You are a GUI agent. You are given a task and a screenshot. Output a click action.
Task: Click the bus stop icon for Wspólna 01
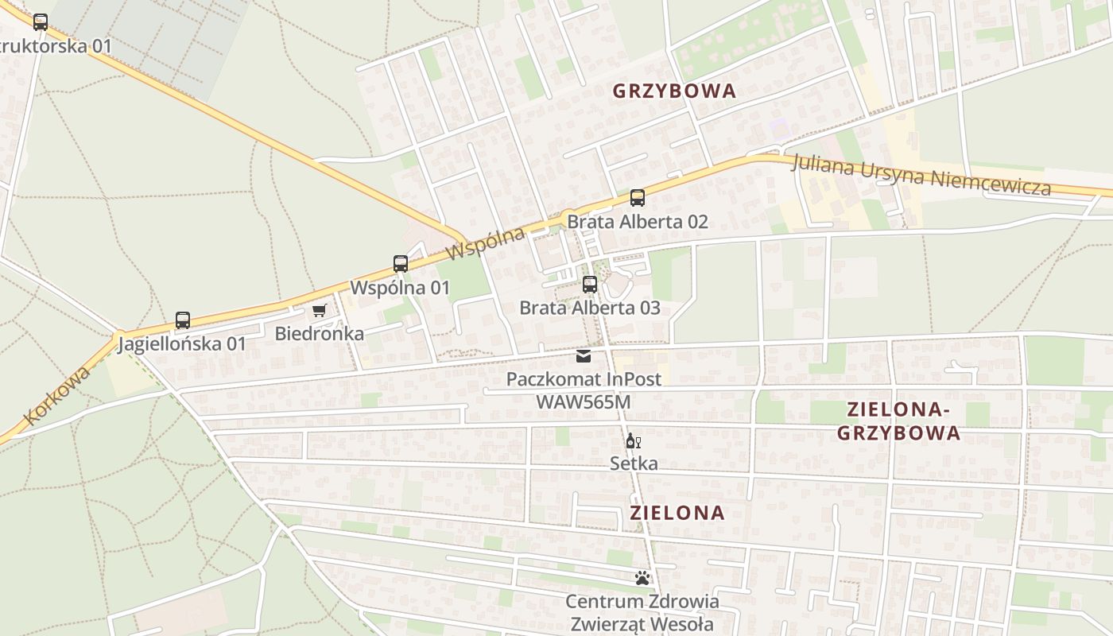[401, 264]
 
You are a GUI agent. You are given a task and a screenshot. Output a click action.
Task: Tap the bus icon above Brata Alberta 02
[637, 198]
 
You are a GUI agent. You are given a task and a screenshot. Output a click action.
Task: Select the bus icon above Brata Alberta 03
[590, 285]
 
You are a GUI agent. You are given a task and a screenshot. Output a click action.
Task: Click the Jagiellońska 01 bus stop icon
[183, 320]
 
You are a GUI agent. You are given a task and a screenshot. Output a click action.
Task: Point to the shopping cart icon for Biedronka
[320, 310]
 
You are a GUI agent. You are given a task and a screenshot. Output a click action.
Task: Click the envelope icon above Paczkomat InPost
[584, 355]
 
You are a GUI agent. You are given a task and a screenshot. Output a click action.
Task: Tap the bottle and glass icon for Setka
[633, 440]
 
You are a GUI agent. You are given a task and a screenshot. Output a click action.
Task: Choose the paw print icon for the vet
[642, 578]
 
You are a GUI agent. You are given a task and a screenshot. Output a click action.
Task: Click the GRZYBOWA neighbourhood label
[674, 91]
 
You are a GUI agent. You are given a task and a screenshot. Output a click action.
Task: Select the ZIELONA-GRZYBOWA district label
[898, 421]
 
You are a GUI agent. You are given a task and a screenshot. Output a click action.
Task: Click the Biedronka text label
[320, 334]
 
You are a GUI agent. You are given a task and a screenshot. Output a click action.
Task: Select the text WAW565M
[584, 402]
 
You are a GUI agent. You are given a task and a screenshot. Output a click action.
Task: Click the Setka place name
[634, 463]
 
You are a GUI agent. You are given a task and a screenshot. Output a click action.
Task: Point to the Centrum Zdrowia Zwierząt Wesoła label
[642, 613]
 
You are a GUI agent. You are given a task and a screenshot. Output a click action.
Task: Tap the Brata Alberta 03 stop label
[590, 308]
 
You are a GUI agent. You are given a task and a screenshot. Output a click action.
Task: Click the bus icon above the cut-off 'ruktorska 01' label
[41, 22]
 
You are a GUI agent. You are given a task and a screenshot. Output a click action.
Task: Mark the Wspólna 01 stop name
[401, 288]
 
